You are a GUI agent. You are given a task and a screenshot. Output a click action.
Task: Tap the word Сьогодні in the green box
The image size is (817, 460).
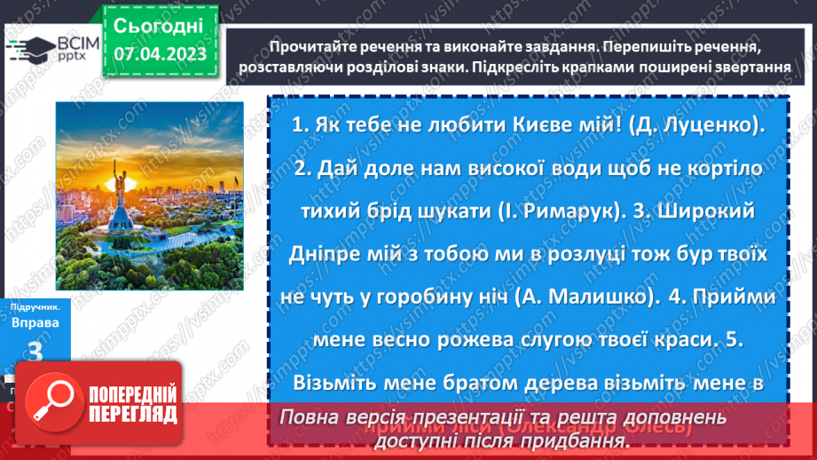tap(159, 24)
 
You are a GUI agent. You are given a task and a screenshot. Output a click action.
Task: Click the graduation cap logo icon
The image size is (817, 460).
tap(29, 47)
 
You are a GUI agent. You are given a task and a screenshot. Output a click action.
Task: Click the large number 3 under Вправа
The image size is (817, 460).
tap(36, 352)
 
